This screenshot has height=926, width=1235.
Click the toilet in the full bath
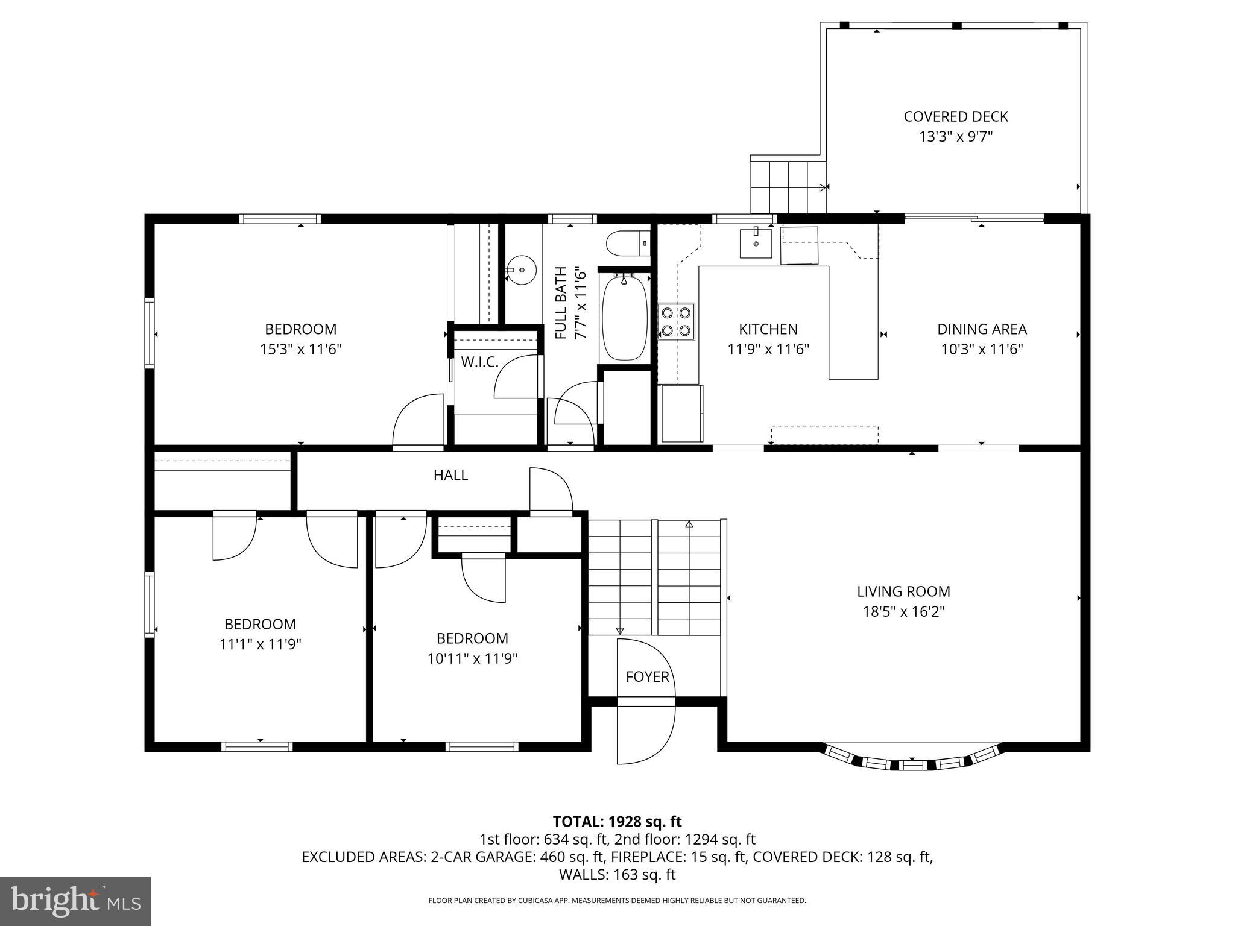(x=627, y=244)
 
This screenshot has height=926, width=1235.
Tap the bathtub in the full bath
(x=625, y=318)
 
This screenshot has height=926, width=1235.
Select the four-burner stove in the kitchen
(x=676, y=322)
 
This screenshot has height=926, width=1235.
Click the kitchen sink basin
(x=756, y=243)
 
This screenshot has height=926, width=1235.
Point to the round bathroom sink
(x=520, y=270)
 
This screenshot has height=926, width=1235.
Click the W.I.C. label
(x=479, y=362)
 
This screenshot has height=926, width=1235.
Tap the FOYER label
(x=647, y=676)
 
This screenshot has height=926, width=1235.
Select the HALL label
(x=450, y=475)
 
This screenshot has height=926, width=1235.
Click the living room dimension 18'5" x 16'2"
(x=903, y=612)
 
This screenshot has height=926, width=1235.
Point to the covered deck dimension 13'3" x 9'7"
(x=955, y=137)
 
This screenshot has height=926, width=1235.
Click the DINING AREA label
(x=981, y=329)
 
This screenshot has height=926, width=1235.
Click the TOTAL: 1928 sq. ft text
(x=617, y=821)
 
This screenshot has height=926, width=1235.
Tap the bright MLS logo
(x=75, y=901)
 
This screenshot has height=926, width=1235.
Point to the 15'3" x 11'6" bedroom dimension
(x=300, y=349)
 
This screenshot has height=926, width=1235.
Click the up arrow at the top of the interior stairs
(x=689, y=524)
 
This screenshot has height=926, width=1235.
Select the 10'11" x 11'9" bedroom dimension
(x=472, y=658)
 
